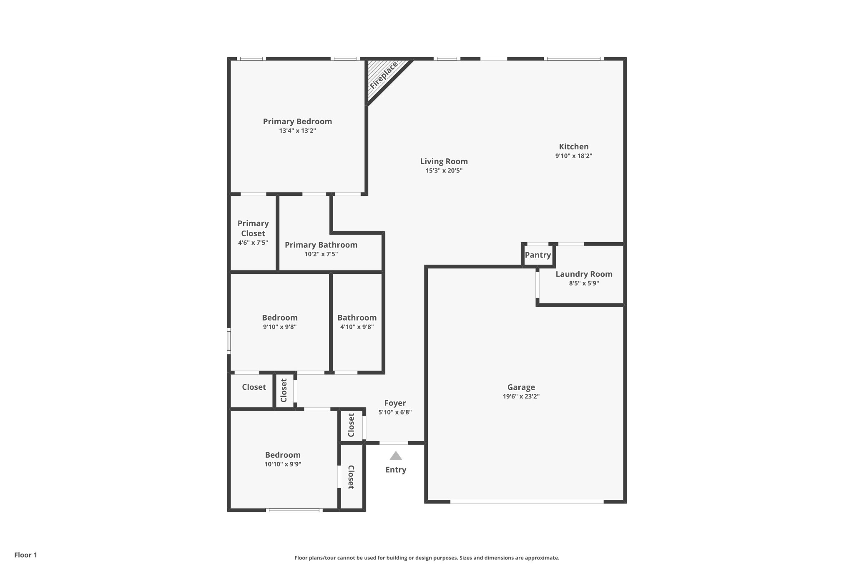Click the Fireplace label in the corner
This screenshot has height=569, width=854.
point(384,75)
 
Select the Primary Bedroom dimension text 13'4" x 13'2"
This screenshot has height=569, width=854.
point(297,131)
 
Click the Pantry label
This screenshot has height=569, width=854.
point(538,255)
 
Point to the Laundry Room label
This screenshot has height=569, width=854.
point(584,274)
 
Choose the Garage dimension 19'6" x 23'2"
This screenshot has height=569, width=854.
point(521,396)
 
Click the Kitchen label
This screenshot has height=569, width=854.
point(573,147)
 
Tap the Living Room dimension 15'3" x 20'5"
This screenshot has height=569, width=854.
point(444,170)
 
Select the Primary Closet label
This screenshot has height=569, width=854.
point(253,228)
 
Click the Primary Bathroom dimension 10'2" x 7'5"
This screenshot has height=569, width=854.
point(321,254)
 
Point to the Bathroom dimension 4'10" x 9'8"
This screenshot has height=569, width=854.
point(357,327)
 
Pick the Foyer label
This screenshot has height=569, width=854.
point(395,403)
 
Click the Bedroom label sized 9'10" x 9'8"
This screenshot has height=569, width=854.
point(279,318)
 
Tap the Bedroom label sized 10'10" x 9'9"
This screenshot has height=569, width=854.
point(283,455)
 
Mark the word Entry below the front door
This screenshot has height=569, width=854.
point(396,470)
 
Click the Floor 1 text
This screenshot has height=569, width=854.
point(25,555)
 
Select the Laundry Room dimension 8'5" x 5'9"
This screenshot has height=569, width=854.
point(584,283)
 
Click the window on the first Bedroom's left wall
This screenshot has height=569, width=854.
point(229,341)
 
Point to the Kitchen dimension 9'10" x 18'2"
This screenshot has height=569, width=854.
point(573,156)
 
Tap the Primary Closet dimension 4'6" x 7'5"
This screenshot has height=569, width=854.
point(253,243)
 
